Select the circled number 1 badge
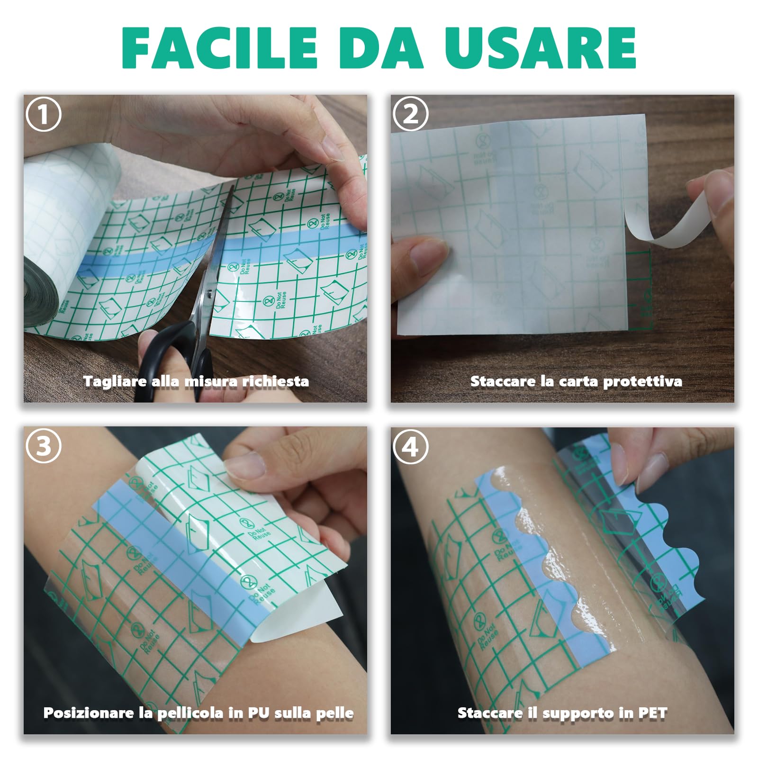[44, 114]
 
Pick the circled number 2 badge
[410, 114]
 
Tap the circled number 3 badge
[44, 446]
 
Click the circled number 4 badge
[410, 446]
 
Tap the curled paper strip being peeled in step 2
[663, 227]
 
